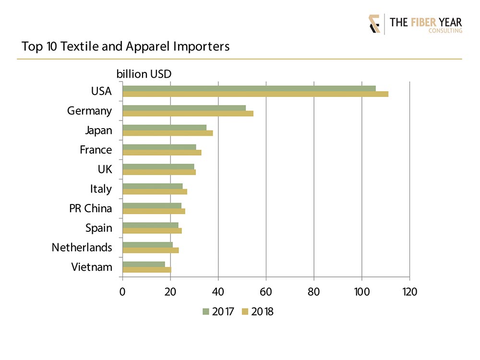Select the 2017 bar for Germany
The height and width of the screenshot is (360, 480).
184,108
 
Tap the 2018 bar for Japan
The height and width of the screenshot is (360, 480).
168,133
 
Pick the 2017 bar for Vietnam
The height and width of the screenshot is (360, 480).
144,264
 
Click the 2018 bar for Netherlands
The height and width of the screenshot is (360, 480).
151,250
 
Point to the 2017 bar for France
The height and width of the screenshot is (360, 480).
159,147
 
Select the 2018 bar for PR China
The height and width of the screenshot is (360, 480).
154,211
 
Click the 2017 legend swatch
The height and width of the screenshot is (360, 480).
205,312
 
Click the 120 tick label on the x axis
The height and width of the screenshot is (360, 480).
409,291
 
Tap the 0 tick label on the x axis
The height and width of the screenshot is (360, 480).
122,291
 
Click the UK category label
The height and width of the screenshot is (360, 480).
104,169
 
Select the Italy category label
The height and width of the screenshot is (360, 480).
101,189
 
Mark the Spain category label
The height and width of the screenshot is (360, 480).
98,228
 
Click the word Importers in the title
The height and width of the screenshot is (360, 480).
202,47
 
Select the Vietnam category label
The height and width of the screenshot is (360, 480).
92,267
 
